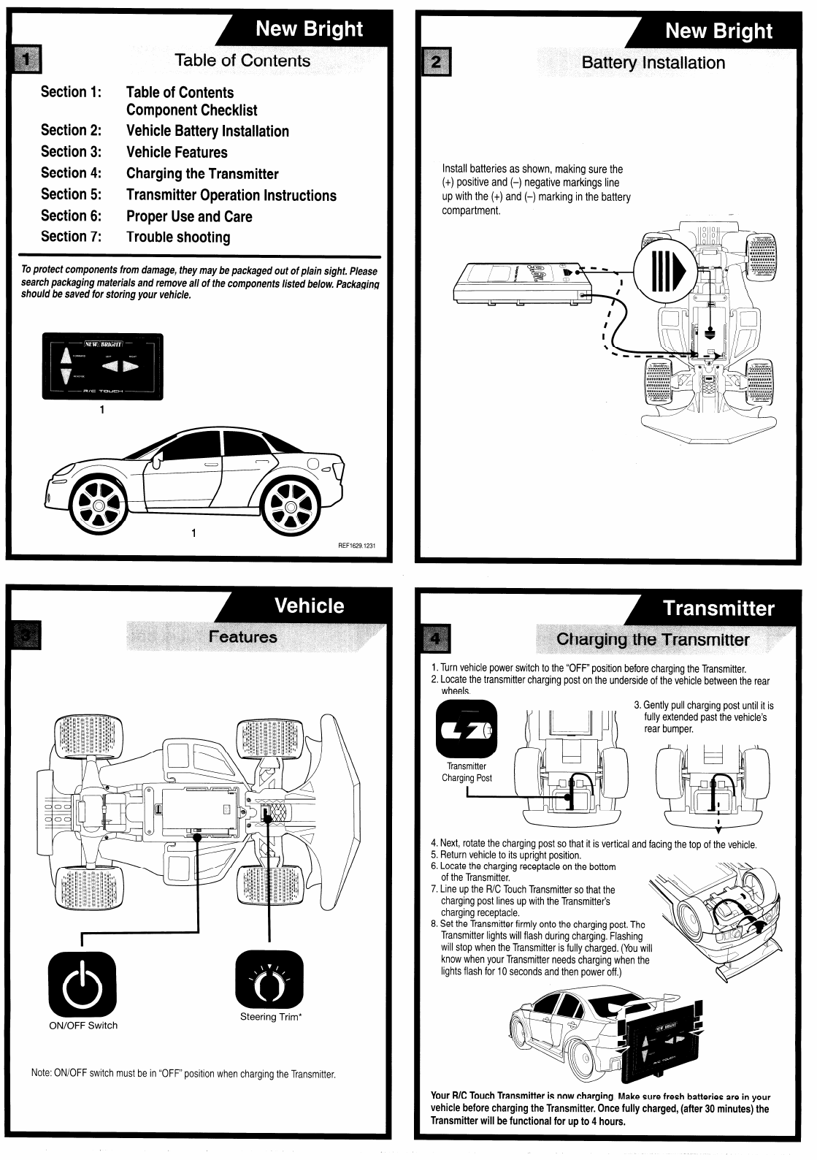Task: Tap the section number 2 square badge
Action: click(437, 61)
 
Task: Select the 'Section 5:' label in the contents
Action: click(71, 194)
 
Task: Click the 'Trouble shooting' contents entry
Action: click(178, 237)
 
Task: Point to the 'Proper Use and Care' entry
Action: click(189, 216)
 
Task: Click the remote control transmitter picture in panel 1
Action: click(102, 366)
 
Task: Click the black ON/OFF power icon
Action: click(83, 980)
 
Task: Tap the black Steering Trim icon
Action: click(269, 980)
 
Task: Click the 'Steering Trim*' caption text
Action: click(271, 1017)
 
